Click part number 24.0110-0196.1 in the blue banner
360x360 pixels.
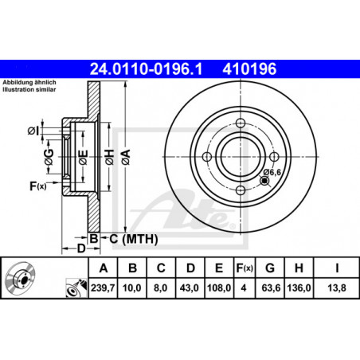pyautogui.click(x=147, y=69)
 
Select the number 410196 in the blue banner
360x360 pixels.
pyautogui.click(x=249, y=69)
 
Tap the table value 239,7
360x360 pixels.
pyautogui.click(x=103, y=288)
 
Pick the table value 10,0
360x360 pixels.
pyautogui.click(x=132, y=288)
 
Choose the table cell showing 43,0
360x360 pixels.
pyautogui.click(x=190, y=288)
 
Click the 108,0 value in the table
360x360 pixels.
pyautogui.click(x=219, y=288)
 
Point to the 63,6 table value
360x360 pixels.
pyautogui.click(x=271, y=288)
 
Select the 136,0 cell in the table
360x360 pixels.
pyautogui.click(x=299, y=288)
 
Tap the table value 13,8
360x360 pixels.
pyautogui.click(x=337, y=288)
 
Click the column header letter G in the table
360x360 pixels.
pyautogui.click(x=270, y=268)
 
